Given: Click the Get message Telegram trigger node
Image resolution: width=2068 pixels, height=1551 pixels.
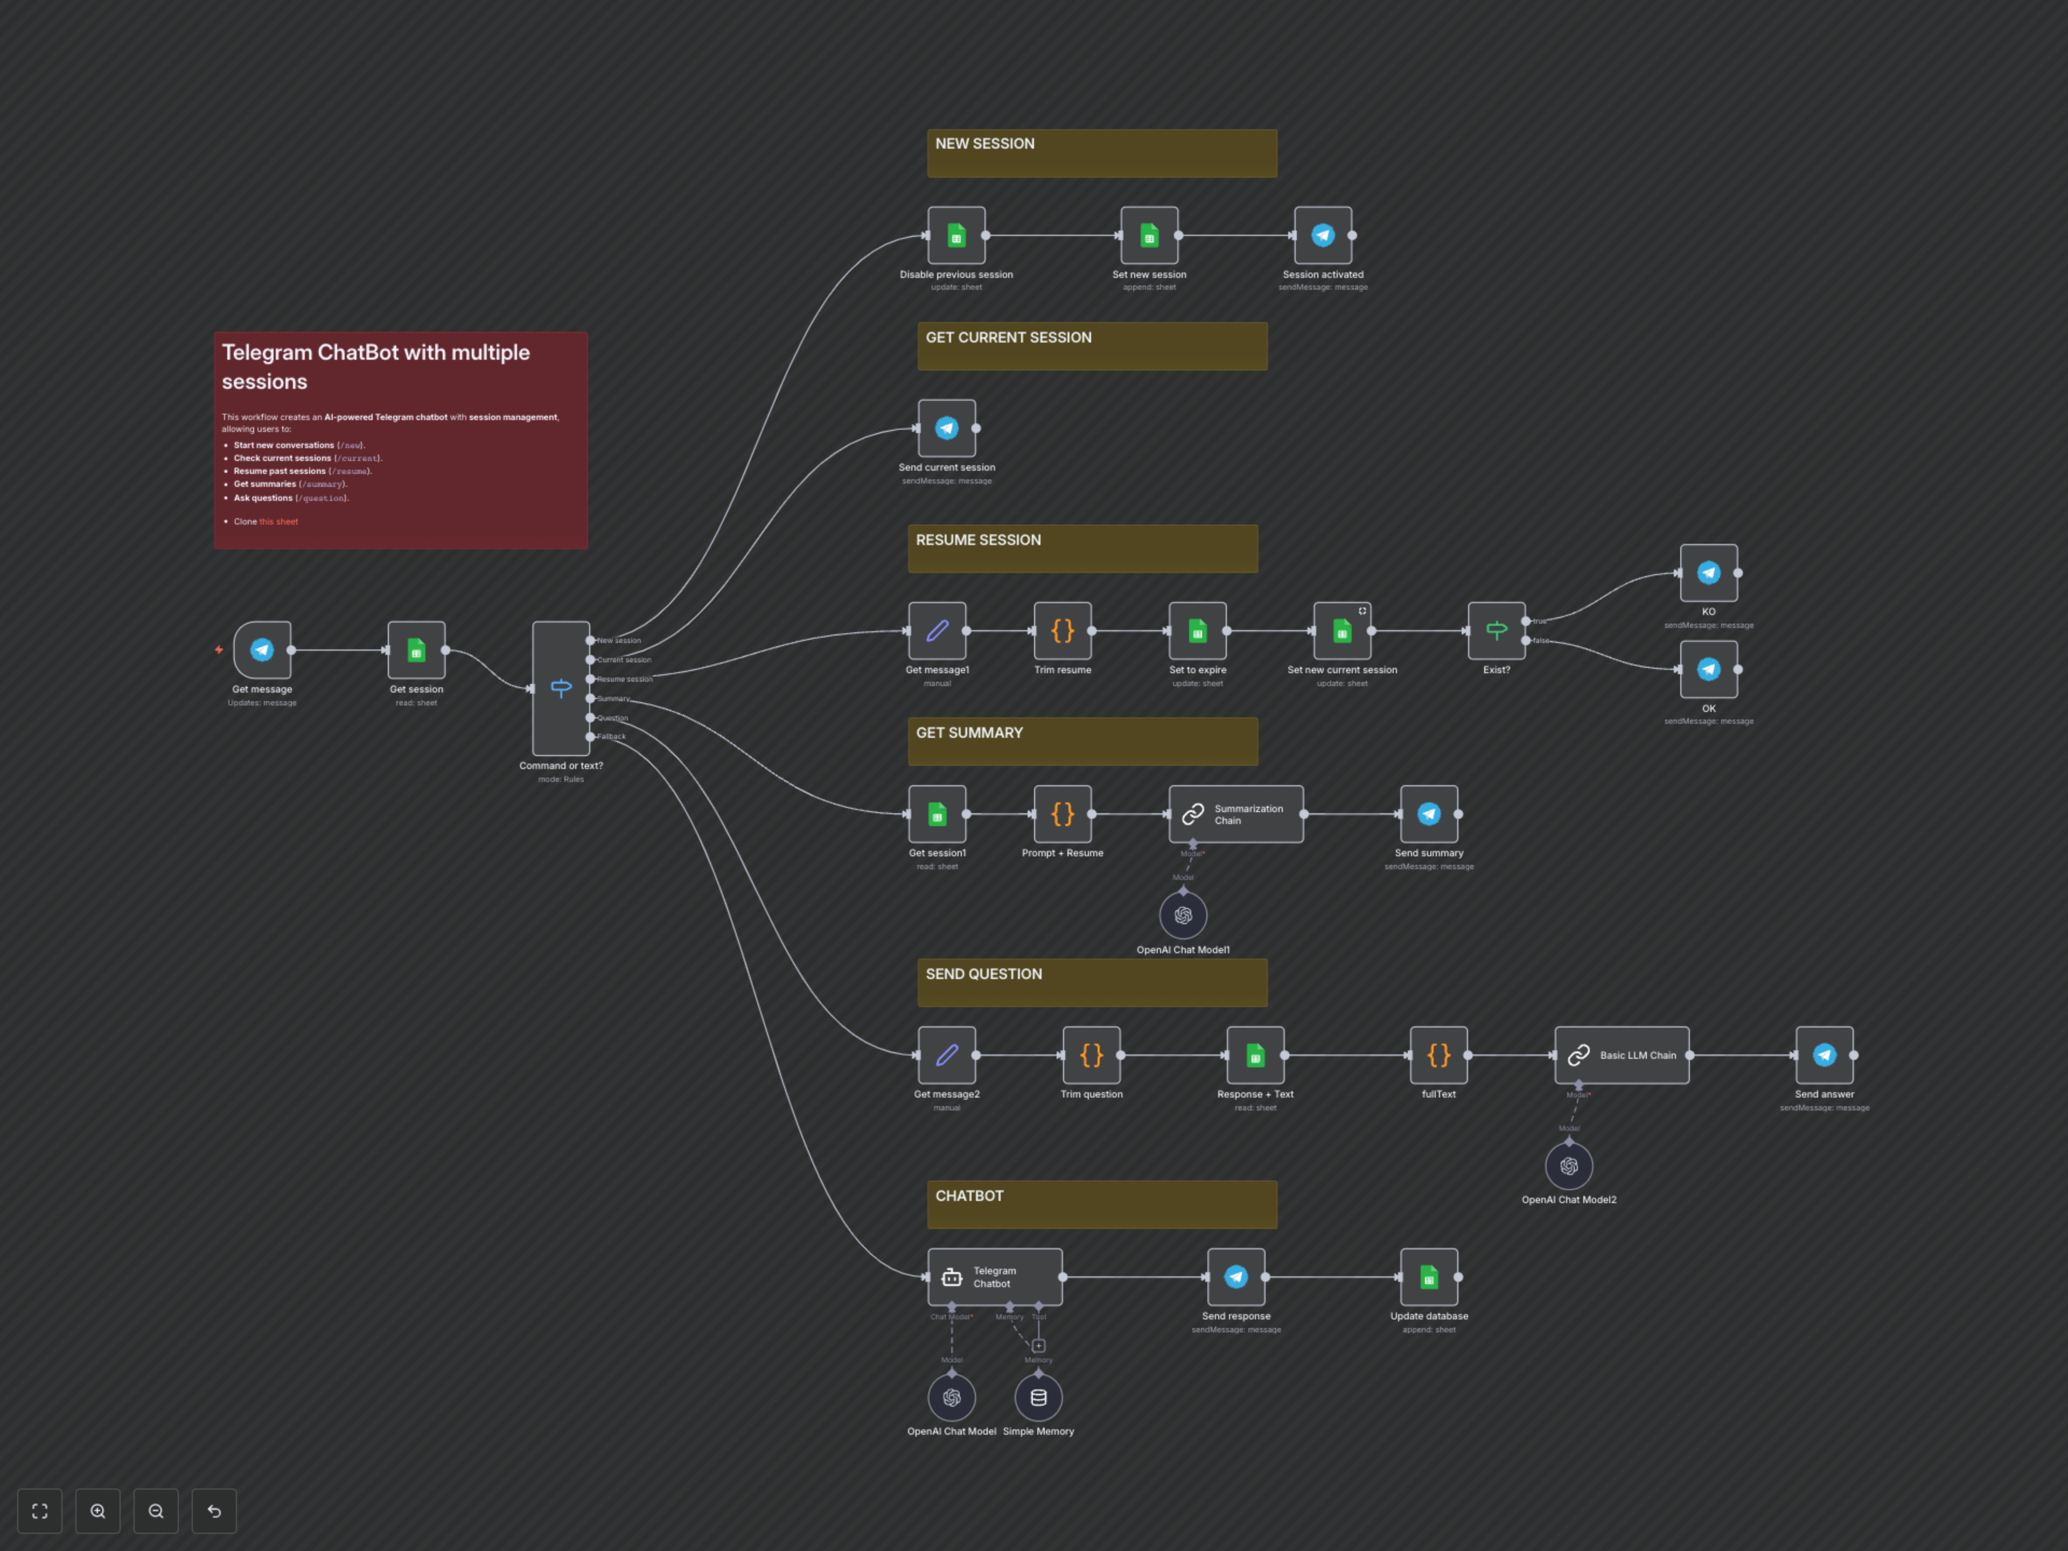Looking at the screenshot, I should [262, 650].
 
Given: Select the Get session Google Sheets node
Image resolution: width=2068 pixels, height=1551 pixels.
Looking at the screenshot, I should [416, 650].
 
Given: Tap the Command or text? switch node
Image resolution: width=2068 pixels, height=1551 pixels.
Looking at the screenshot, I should [561, 688].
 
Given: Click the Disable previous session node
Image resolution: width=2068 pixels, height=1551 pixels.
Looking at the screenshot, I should [955, 235].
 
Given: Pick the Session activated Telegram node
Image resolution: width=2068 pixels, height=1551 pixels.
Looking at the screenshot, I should [1322, 235].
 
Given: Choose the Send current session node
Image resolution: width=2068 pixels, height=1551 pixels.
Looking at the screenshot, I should [946, 428].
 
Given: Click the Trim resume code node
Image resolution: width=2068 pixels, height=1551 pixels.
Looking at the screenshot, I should [1062, 631].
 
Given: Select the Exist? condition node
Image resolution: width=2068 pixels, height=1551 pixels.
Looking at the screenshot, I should [1496, 631].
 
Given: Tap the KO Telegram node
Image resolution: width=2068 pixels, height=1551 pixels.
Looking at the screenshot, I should [1708, 573].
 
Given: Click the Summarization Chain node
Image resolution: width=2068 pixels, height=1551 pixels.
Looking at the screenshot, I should [1236, 814].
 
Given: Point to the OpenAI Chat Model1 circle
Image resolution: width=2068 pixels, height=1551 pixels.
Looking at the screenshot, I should [1183, 916].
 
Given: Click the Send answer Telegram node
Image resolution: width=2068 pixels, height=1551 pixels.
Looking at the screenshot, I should [1824, 1056].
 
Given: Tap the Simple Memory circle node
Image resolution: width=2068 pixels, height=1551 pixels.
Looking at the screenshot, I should [1038, 1398].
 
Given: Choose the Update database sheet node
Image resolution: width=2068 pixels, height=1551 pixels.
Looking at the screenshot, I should [1429, 1277].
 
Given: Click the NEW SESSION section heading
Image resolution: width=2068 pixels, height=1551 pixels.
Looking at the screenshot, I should [984, 144].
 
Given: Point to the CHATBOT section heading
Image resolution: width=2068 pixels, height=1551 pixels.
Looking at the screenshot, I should [969, 1196].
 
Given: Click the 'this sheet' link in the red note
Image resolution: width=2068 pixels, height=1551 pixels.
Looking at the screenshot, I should [278, 522].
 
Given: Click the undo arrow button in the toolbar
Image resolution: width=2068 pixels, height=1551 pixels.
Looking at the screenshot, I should [214, 1511].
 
